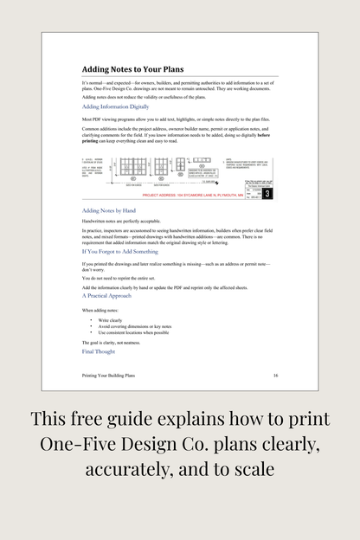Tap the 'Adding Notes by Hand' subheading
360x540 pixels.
coord(109,210)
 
